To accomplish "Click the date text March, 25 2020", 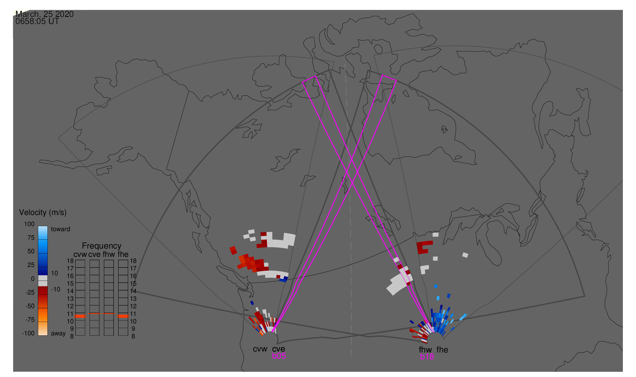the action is pos(44,14).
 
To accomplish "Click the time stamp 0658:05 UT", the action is pos(37,21).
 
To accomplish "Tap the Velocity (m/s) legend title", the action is pos(43,213).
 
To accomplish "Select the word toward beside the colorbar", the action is pos(61,229).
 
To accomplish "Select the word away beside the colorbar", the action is pos(58,334).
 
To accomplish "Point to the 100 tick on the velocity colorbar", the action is pos(29,224).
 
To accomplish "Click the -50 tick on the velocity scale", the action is pos(30,306).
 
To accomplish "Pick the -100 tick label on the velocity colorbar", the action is pos(28,333).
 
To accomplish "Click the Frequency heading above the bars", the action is pos(102,246).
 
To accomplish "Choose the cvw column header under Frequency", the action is pos(80,255).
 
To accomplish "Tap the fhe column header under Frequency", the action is pos(123,255).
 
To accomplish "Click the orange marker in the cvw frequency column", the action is pos(80,316).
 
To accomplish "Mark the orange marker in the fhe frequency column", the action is pos(123,316).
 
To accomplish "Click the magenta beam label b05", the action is pos(279,356).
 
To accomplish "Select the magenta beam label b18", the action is pos(427,357).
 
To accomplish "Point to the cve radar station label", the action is pos(278,349).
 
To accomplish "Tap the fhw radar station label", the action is pos(425,350).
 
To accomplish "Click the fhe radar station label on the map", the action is pos(442,350).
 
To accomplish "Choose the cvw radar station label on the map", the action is pos(260,349).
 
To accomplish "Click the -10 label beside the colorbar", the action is pos(56,290).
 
